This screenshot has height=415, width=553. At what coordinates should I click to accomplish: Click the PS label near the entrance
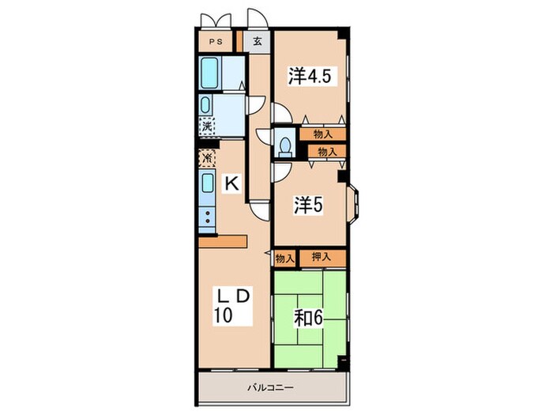click(x=216, y=42)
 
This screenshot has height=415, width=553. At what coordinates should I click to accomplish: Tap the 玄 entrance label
click(x=258, y=42)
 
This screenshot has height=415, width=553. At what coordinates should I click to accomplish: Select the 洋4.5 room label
click(x=310, y=76)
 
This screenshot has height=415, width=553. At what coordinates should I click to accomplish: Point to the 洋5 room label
click(x=309, y=205)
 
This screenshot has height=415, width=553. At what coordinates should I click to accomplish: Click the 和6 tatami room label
click(x=309, y=319)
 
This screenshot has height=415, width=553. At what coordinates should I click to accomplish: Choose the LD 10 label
click(x=233, y=306)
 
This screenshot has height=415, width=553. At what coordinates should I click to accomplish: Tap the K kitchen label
click(x=232, y=183)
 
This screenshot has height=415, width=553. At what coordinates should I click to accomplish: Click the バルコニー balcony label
click(x=270, y=388)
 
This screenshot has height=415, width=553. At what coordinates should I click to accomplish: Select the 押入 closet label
click(x=322, y=257)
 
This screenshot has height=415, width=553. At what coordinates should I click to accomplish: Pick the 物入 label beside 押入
click(x=285, y=259)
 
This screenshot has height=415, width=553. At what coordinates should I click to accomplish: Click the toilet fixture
click(x=285, y=146)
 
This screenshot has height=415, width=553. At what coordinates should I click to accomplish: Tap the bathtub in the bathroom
click(x=209, y=74)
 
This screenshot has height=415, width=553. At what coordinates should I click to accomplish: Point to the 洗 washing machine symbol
click(x=207, y=126)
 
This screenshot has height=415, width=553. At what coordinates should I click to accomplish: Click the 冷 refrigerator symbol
click(x=207, y=158)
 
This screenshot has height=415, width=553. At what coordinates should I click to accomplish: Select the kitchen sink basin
click(x=207, y=183)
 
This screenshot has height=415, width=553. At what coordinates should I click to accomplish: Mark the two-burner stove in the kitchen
click(x=207, y=217)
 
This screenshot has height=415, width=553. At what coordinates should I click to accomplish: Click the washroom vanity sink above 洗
click(x=205, y=104)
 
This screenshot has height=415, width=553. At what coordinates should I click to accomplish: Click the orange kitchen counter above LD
click(x=223, y=242)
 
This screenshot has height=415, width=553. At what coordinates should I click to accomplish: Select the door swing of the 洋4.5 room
click(x=281, y=113)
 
